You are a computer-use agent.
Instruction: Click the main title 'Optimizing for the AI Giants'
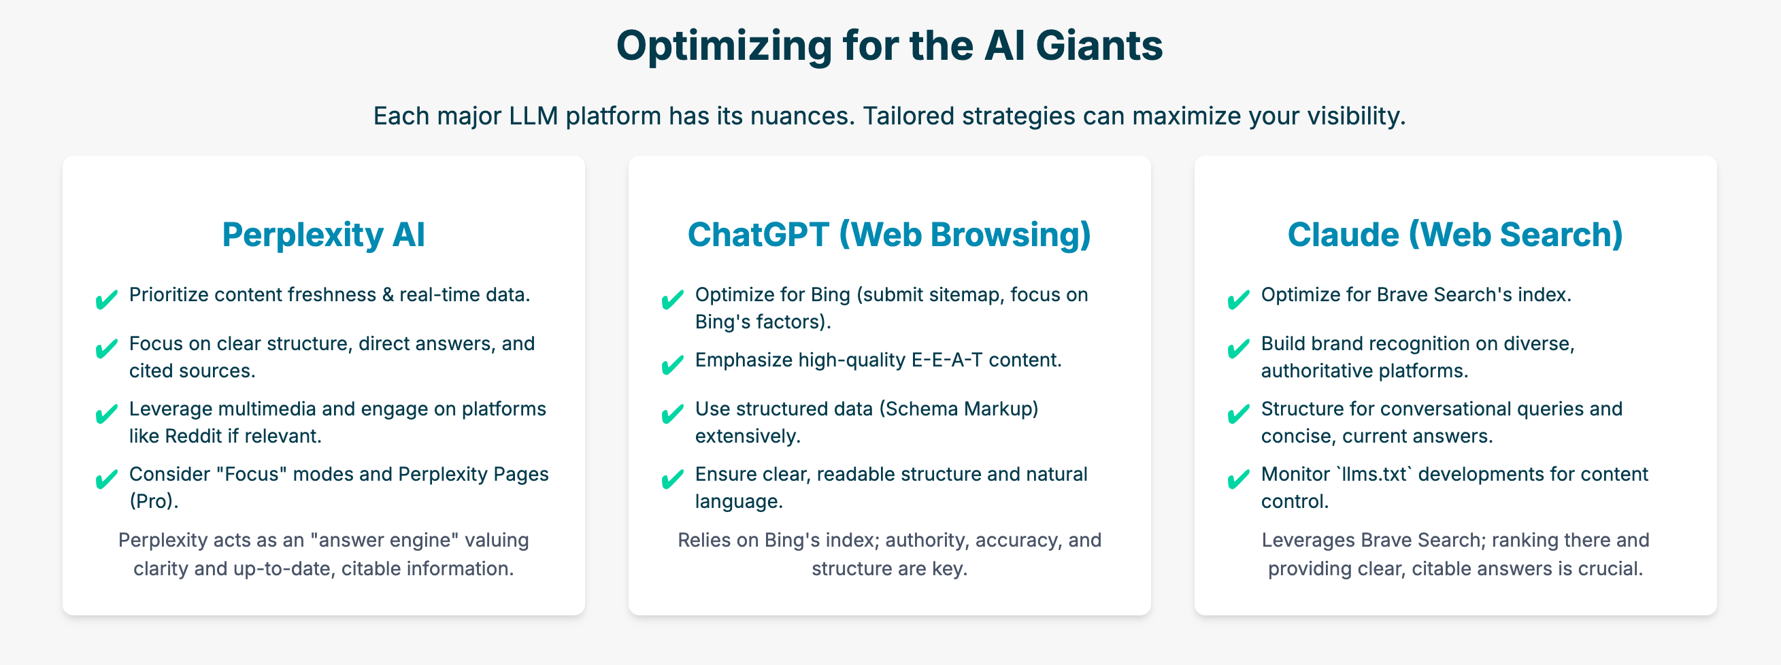[890, 46]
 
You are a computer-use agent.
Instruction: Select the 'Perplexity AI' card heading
[324, 235]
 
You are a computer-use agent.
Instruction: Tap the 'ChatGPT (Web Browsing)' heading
[889, 235]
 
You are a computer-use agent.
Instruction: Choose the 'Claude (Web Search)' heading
[1455, 235]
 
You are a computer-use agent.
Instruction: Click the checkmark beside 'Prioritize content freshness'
[107, 300]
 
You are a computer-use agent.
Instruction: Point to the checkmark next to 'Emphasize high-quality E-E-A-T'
[673, 364]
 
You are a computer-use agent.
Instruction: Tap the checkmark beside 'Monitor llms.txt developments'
[1238, 479]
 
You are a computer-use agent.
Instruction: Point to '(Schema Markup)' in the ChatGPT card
[959, 409]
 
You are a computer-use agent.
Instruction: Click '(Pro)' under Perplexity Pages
[154, 501]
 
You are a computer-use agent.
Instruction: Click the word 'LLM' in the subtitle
[533, 116]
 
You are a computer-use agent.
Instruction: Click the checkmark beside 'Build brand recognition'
[1238, 347]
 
